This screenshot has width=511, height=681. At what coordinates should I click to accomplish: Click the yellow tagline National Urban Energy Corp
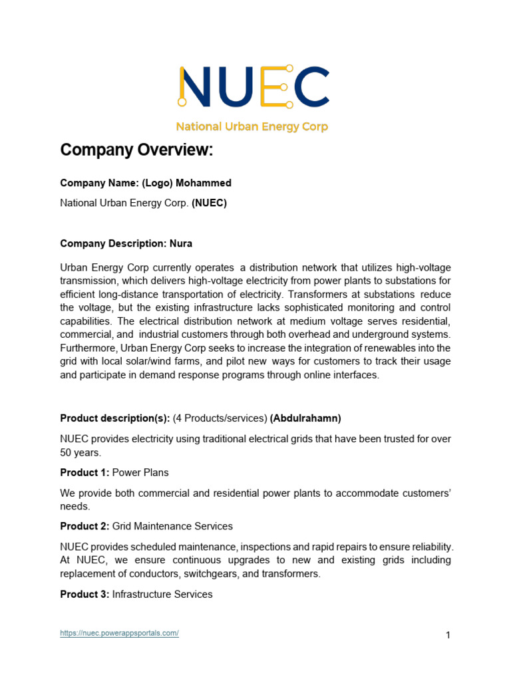(x=252, y=126)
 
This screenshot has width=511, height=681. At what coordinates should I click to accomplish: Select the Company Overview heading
(x=136, y=150)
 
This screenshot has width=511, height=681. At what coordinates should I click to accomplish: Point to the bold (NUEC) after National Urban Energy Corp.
(x=209, y=204)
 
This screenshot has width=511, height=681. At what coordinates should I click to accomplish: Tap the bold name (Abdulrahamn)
(x=305, y=418)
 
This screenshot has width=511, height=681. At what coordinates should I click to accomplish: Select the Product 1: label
(x=85, y=472)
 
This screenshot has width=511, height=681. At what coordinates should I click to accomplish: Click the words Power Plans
(x=140, y=472)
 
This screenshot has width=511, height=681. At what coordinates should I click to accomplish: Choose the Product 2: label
(x=85, y=526)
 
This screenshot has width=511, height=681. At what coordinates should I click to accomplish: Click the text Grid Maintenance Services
(x=172, y=526)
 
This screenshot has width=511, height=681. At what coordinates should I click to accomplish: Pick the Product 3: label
(x=85, y=594)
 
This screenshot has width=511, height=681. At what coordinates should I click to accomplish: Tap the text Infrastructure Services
(x=162, y=594)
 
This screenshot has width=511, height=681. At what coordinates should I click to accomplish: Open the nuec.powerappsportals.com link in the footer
(x=119, y=633)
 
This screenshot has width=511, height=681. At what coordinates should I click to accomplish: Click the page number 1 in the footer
(x=448, y=635)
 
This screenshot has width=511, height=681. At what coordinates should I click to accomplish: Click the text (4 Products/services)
(x=220, y=418)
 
